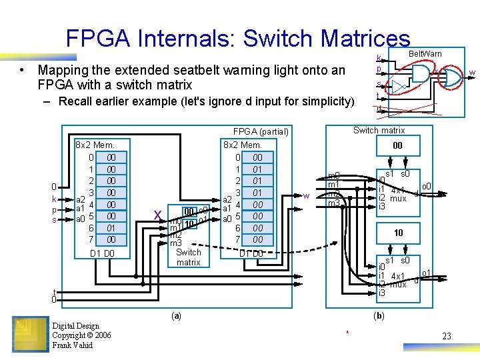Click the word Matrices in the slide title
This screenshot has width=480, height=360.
(366, 39)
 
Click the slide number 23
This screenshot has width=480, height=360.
(447, 336)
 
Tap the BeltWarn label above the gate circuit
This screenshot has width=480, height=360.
(425, 53)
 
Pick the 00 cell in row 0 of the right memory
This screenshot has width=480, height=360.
(257, 157)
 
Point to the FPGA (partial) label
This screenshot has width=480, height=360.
(261, 131)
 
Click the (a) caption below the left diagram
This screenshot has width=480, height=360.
(175, 315)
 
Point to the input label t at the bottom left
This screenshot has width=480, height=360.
(55, 291)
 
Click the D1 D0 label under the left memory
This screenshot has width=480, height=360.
(102, 253)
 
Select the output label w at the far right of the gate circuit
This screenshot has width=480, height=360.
(471, 73)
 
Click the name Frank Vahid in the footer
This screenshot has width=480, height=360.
(73, 345)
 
